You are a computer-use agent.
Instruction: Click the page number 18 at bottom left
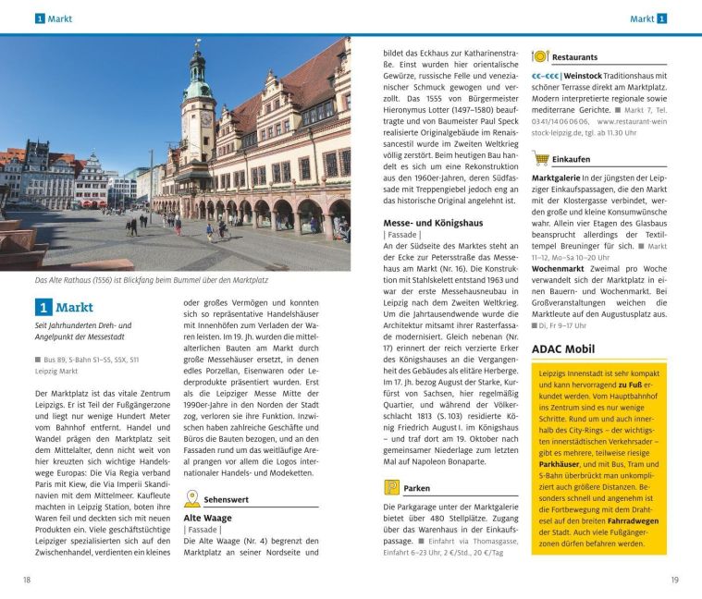[x=26, y=580]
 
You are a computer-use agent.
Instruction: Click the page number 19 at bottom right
[x=675, y=580]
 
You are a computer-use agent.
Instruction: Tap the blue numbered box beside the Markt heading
[x=43, y=308]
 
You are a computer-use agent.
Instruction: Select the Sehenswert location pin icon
[x=191, y=499]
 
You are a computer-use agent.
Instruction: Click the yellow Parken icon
[x=392, y=487]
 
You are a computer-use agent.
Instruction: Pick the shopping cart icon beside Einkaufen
[x=543, y=158]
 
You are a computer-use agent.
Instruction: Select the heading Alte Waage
[x=207, y=519]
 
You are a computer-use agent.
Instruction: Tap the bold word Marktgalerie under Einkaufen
[x=558, y=177]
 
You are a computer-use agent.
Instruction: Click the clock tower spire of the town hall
[x=197, y=65]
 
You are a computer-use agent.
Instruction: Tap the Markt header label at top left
[x=63, y=18]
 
